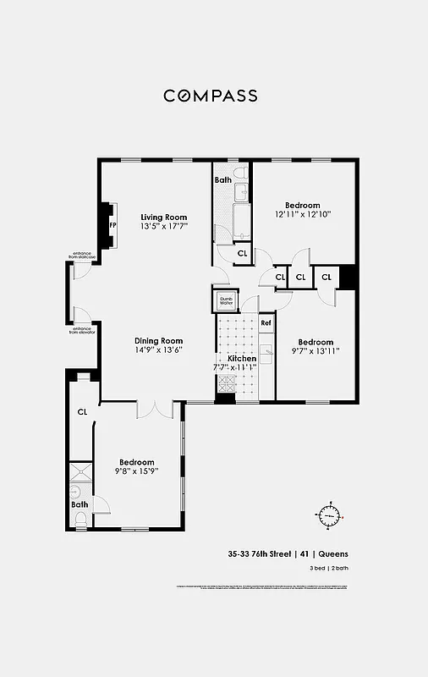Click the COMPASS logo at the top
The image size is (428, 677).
[211, 96]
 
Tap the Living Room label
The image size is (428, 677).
[163, 217]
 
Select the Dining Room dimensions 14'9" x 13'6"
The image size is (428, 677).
[159, 350]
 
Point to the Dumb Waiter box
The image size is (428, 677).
[226, 300]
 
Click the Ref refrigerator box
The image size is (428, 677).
[266, 323]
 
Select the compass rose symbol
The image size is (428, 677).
[329, 514]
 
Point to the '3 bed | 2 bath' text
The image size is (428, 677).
[328, 568]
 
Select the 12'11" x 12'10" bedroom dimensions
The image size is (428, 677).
[302, 214]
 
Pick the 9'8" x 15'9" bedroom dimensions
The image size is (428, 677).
[135, 471]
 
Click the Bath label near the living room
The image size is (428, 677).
[222, 180]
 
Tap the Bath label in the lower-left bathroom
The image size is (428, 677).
[79, 505]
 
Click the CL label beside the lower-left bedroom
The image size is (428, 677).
[83, 412]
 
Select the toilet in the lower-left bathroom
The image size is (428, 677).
[81, 519]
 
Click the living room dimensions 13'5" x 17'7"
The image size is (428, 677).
[163, 227]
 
